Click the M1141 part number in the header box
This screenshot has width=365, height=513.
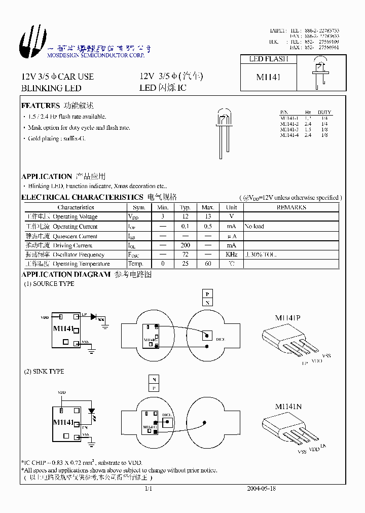pos(268,77)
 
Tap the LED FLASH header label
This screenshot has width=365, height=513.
pos(268,59)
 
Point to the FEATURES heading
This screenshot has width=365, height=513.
pos(41,106)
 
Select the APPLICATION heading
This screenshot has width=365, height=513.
pos(47,176)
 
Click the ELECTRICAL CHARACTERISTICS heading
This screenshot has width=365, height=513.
pos(82,197)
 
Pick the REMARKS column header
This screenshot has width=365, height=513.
pos(291,207)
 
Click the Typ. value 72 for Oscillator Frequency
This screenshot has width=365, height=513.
pos(185,254)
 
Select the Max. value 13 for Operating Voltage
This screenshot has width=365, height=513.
pos(208,217)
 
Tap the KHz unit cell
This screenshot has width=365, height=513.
pos(231,254)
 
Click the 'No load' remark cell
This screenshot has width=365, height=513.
pos(254,227)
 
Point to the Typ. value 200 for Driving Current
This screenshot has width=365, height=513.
pos(185,245)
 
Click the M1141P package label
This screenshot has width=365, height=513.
pos(288,318)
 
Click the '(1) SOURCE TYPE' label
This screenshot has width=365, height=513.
pos(49,284)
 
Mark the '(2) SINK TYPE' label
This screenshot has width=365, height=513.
pos(44,372)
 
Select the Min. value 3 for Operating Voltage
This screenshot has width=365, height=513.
pos(163,217)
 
